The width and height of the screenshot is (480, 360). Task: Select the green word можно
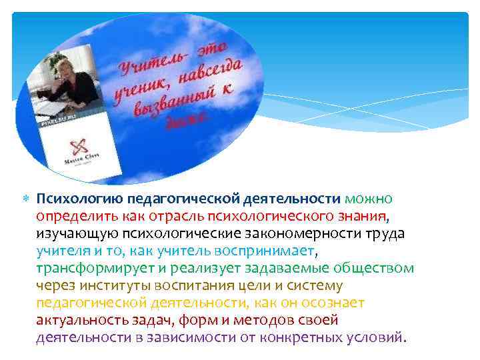tap(369, 199)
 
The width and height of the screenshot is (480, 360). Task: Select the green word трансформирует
tap(85, 268)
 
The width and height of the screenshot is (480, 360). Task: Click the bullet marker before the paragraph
tap(25, 199)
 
